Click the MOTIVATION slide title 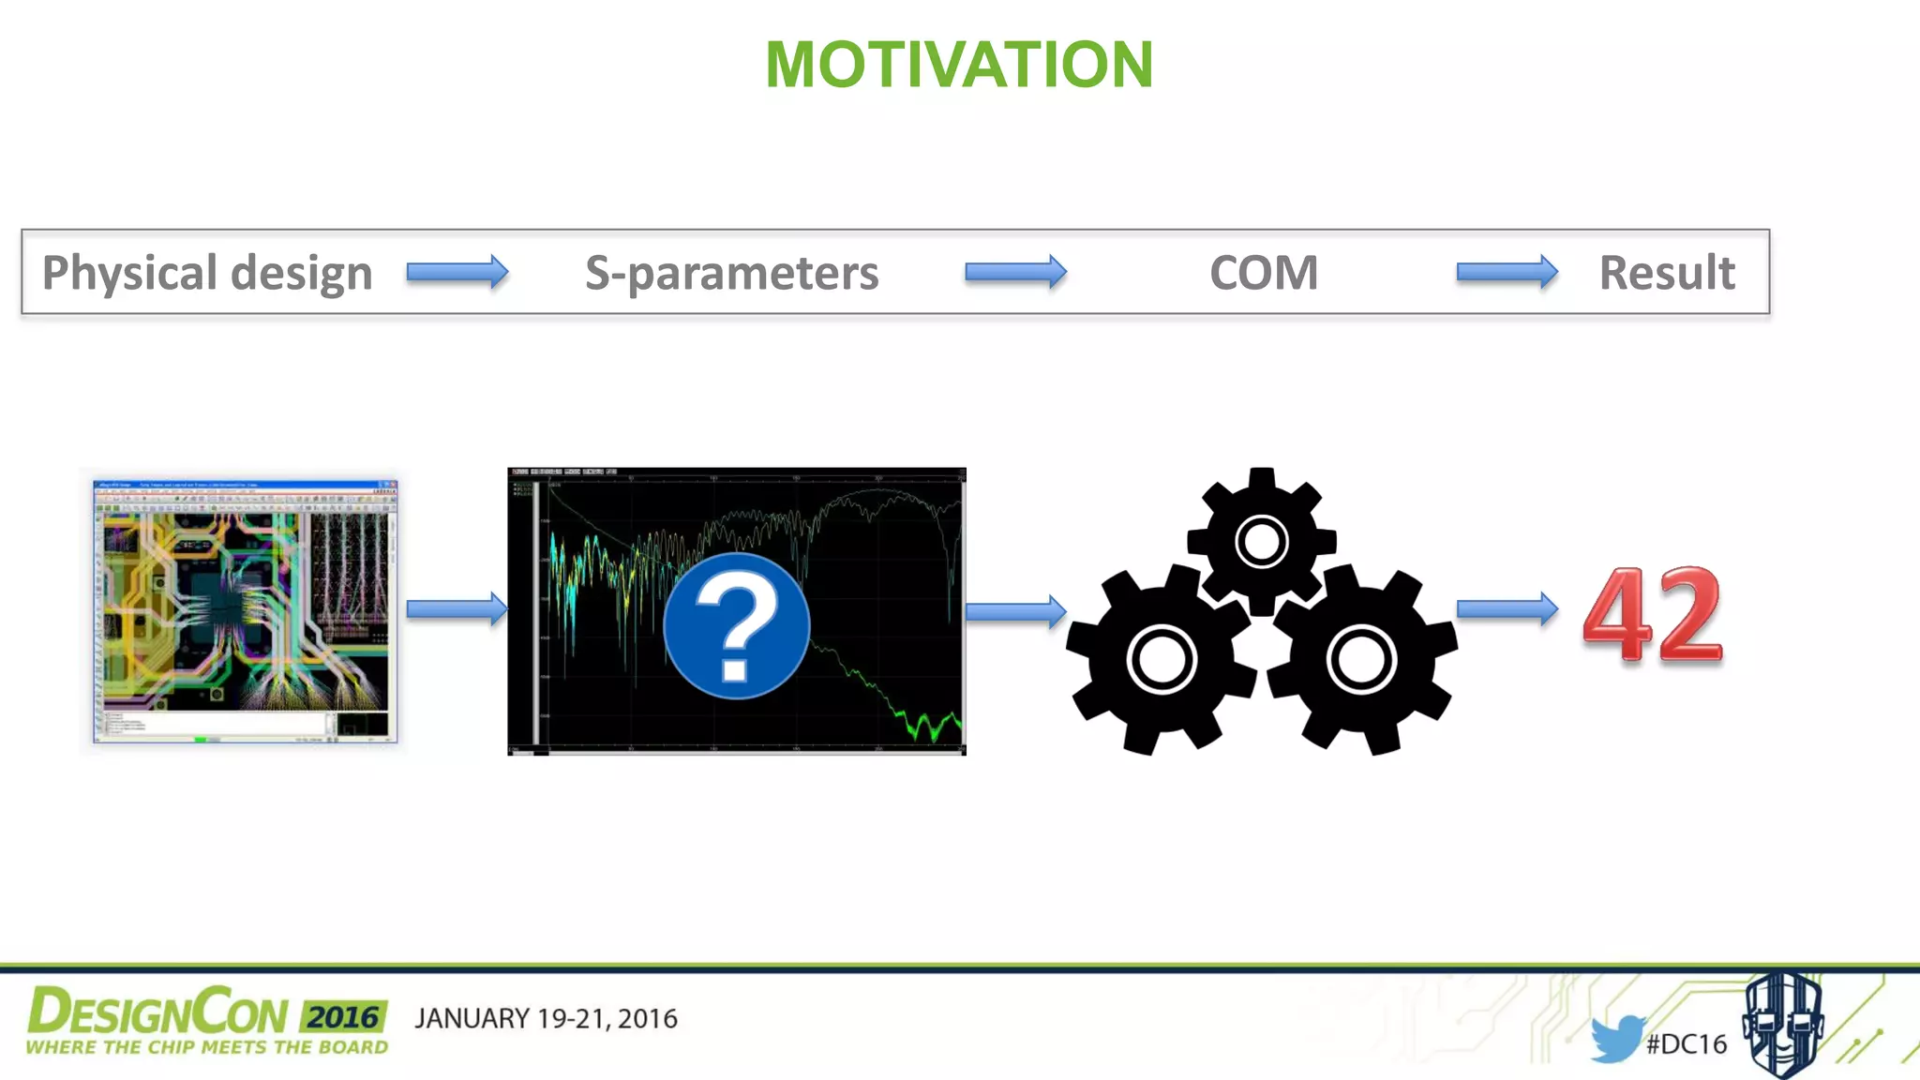click(959, 65)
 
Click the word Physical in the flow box click(129, 273)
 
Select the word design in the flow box click(301, 273)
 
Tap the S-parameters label click(731, 273)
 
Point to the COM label click(1263, 273)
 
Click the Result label click(1666, 273)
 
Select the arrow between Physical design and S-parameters click(457, 273)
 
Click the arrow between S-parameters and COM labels click(1015, 273)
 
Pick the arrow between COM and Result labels click(1507, 273)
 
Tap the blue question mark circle click(736, 625)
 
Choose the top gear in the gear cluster click(1261, 541)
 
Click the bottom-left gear click(1162, 659)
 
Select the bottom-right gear click(1361, 659)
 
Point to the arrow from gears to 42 click(1507, 609)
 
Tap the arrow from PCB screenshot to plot click(457, 609)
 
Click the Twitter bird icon click(1616, 1038)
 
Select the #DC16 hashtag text click(1686, 1044)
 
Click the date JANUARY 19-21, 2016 click(546, 1019)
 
